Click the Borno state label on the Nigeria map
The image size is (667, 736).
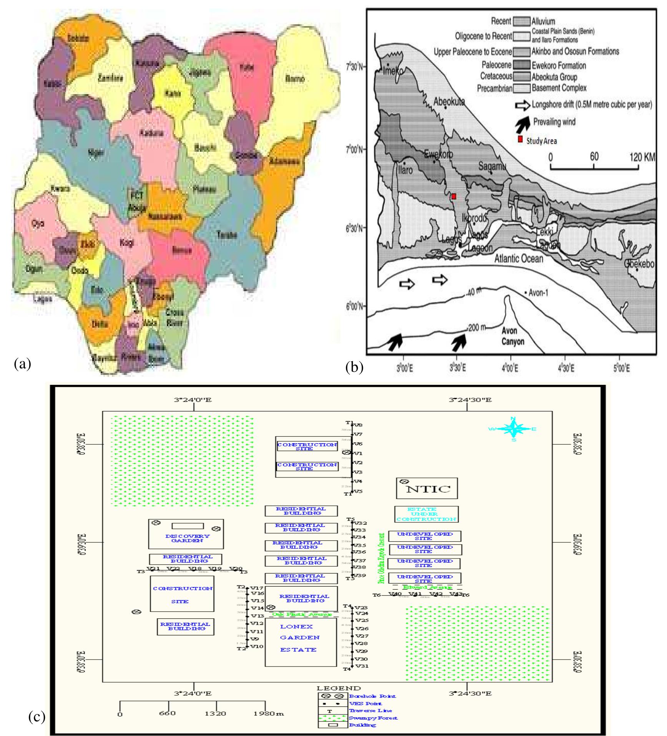pyautogui.click(x=295, y=79)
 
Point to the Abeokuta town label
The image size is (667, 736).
pyautogui.click(x=449, y=101)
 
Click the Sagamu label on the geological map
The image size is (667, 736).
pyautogui.click(x=492, y=166)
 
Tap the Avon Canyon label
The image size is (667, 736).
pyautogui.click(x=513, y=336)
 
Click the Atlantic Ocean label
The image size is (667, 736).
pyautogui.click(x=519, y=259)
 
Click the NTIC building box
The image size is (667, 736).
pyautogui.click(x=427, y=489)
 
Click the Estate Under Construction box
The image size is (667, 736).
pyautogui.click(x=426, y=514)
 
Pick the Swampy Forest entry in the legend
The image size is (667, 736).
pyautogui.click(x=373, y=718)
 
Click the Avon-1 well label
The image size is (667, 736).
pyautogui.click(x=539, y=293)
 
